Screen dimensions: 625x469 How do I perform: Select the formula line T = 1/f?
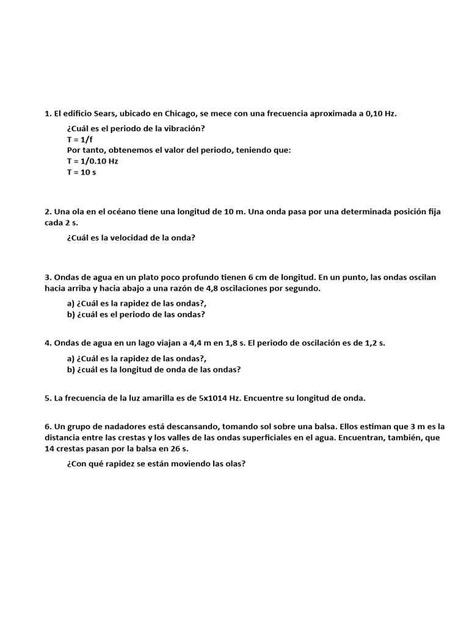click(x=80, y=139)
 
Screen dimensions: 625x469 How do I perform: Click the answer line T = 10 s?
click(x=82, y=172)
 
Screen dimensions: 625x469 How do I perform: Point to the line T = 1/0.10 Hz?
click(x=93, y=161)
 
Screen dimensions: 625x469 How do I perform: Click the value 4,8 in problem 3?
click(x=213, y=288)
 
